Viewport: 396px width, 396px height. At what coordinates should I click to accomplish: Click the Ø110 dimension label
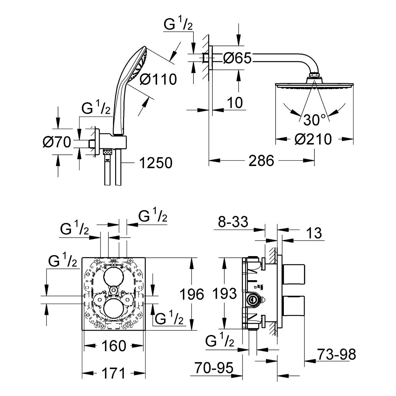[x=158, y=79]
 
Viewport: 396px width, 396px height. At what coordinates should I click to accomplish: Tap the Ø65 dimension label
[x=237, y=58]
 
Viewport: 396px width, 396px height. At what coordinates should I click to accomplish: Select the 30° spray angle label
[x=314, y=120]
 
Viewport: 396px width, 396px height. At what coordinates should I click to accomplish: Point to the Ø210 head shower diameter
[x=313, y=139]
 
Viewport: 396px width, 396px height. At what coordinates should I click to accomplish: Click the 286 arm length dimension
[x=261, y=160]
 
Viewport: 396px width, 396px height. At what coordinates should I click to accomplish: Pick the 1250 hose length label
[x=156, y=163]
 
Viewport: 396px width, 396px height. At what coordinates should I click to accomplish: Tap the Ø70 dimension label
[x=57, y=142]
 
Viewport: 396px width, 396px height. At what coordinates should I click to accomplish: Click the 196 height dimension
[x=192, y=294]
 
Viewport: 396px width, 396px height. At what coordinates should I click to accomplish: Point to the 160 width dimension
[x=114, y=346]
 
